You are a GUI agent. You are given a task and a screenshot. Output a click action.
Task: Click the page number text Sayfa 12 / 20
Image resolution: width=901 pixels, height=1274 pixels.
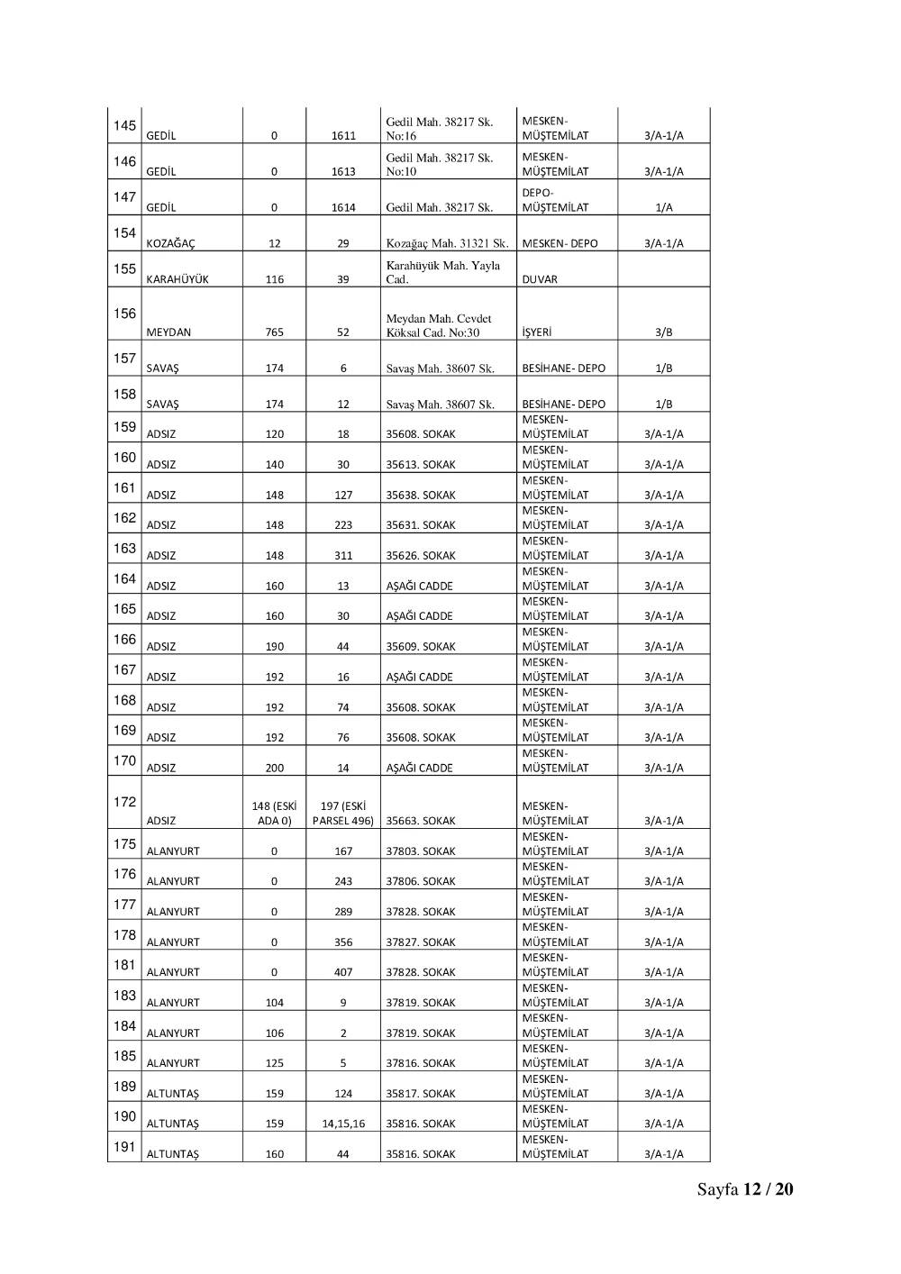click(745, 1188)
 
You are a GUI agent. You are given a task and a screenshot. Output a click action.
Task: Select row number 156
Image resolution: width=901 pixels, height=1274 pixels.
click(124, 314)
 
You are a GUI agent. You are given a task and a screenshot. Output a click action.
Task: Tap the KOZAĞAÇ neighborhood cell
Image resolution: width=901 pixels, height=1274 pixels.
click(170, 243)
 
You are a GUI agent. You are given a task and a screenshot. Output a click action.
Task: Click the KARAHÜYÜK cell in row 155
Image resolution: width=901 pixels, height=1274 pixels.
click(177, 279)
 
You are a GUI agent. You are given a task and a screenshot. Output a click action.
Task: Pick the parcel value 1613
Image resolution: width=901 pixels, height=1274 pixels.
click(343, 171)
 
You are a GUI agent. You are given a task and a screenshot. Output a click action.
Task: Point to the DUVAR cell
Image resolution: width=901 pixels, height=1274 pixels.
click(540, 279)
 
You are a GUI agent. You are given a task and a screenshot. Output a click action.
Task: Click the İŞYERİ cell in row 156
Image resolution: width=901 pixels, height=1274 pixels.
click(537, 332)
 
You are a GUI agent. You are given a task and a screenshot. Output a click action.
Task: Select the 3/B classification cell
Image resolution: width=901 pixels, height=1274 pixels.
click(663, 332)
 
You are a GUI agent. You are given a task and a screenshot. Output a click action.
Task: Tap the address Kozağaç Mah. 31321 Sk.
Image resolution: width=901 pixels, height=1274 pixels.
click(447, 243)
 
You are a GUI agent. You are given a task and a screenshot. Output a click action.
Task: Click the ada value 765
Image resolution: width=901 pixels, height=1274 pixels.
click(274, 332)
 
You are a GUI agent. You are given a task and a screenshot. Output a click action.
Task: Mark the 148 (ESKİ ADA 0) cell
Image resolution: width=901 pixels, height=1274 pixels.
click(274, 813)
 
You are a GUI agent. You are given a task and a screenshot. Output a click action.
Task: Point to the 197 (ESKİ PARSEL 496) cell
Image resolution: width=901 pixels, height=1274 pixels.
click(343, 813)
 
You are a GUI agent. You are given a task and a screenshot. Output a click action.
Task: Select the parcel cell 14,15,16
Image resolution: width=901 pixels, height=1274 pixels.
click(343, 1124)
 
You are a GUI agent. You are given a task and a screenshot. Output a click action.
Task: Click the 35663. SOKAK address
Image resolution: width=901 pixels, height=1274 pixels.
click(421, 821)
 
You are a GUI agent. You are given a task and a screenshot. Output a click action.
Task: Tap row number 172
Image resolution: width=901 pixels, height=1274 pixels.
click(124, 802)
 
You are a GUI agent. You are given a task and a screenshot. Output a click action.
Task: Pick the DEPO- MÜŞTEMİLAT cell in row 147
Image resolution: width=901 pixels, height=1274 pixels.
click(555, 200)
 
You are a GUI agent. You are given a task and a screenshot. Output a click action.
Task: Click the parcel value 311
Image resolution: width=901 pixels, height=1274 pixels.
click(343, 556)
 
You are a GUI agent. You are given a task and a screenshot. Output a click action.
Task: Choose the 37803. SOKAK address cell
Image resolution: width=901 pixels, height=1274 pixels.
click(421, 851)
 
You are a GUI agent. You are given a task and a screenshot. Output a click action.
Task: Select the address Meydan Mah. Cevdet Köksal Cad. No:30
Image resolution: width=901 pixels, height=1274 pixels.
click(439, 325)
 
